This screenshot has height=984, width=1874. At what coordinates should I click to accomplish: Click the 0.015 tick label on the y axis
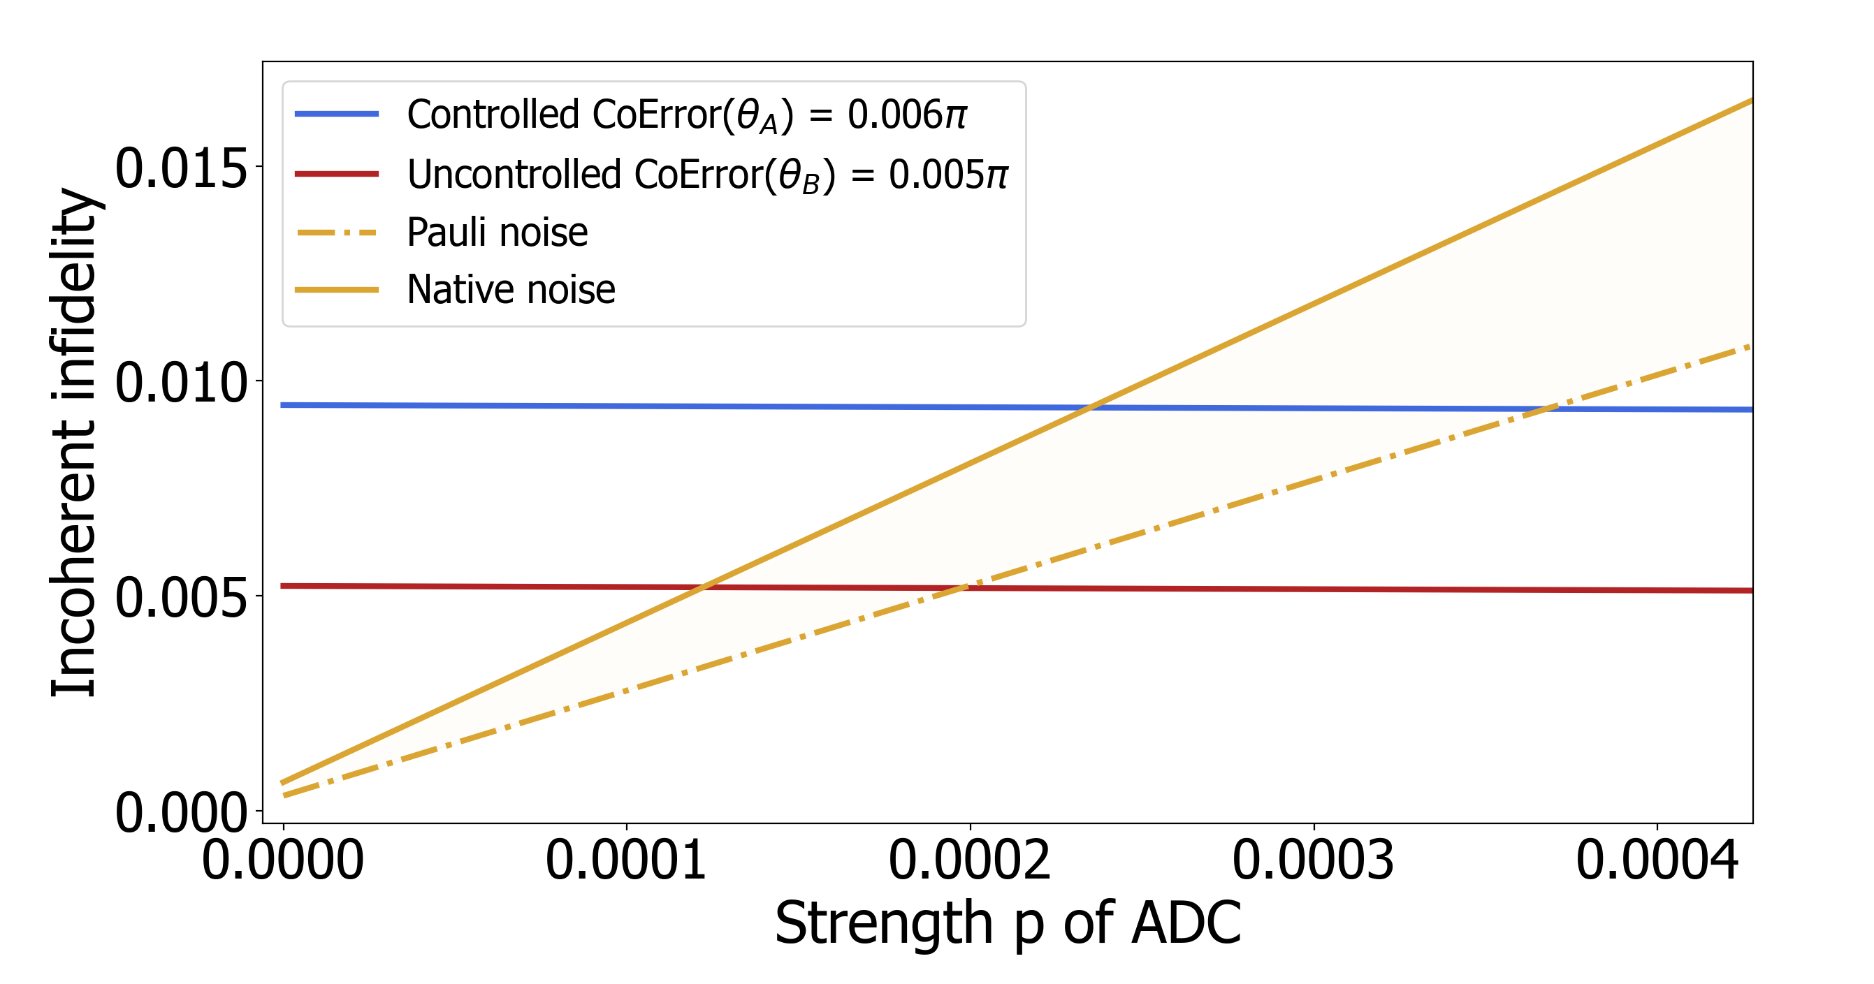tap(181, 169)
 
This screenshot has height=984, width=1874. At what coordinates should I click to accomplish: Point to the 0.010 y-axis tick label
tap(181, 383)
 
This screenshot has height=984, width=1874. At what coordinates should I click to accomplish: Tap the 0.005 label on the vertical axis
tap(181, 598)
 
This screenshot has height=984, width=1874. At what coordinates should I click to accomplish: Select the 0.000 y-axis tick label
tap(181, 812)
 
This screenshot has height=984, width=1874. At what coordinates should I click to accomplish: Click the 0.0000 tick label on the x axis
tap(282, 860)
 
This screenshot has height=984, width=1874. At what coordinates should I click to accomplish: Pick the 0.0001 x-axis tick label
tap(625, 860)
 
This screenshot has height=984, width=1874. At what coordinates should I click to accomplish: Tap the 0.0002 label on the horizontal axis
tap(969, 860)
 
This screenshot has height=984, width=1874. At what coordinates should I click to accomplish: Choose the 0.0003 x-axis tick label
tap(1312, 860)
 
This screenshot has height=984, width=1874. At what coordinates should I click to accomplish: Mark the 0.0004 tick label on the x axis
tap(1657, 860)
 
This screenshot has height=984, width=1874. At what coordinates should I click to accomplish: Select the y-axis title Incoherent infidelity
tap(73, 442)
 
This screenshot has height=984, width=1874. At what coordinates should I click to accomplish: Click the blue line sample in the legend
tap(336, 113)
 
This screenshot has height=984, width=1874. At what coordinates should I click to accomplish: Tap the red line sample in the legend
tap(336, 174)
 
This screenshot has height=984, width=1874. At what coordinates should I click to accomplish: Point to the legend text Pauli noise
tap(497, 233)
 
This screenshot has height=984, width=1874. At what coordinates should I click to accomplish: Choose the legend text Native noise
tap(511, 289)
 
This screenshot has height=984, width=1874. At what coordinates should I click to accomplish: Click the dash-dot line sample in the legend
tap(336, 233)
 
